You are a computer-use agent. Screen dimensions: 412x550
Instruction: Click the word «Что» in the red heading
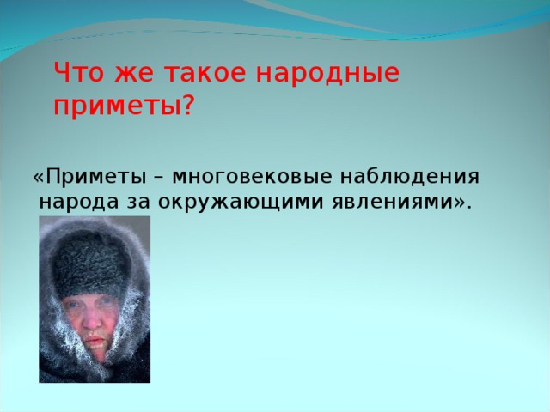[x=76, y=74]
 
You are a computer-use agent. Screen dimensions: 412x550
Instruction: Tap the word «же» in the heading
[x=125, y=76]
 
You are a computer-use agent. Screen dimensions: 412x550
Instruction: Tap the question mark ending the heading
[x=189, y=107]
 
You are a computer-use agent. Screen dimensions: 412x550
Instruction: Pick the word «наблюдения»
[x=412, y=177]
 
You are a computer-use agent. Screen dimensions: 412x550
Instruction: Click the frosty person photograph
[x=95, y=299]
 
